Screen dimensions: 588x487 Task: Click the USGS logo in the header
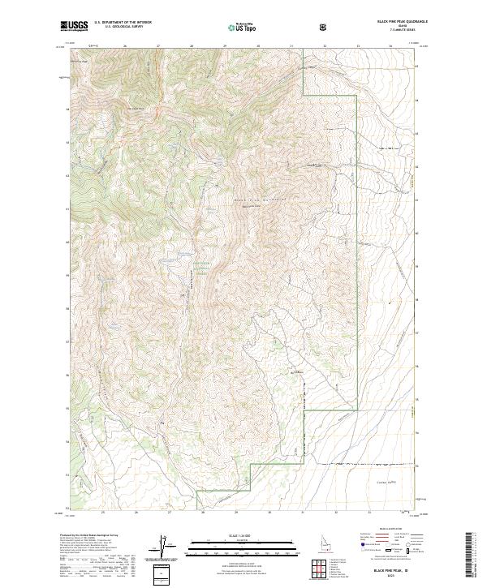pyautogui.click(x=74, y=27)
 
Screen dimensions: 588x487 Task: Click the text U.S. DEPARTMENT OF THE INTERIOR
pyautogui.click(x=123, y=24)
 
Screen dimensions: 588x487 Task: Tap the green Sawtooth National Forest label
pyautogui.click(x=200, y=267)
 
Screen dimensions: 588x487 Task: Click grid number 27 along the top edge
pyautogui.click(x=158, y=45)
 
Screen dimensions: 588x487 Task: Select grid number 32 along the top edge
pyautogui.click(x=324, y=45)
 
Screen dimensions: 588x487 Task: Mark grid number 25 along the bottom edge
pyautogui.click(x=103, y=513)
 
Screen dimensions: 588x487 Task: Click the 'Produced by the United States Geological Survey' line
pyautogui.click(x=85, y=537)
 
